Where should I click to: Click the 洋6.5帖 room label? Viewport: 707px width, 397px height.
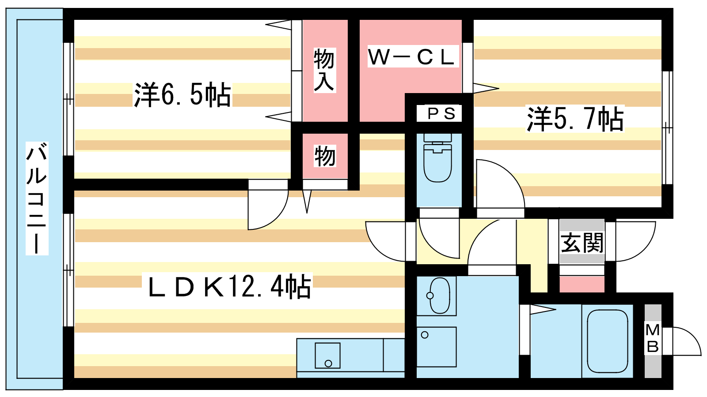click(x=182, y=94)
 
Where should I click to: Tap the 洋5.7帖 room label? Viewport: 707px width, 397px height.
click(x=575, y=119)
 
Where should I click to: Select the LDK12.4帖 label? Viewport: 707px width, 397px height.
click(x=230, y=286)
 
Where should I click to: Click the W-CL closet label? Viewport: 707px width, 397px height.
click(x=413, y=56)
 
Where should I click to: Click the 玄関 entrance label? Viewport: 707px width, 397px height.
click(x=582, y=243)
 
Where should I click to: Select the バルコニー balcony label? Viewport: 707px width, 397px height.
click(x=37, y=198)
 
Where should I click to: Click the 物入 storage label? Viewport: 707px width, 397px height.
click(x=324, y=70)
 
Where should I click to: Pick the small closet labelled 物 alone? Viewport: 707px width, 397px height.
click(x=325, y=156)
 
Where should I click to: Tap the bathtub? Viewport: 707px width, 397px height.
click(x=607, y=341)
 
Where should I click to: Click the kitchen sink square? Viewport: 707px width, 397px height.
click(x=327, y=356)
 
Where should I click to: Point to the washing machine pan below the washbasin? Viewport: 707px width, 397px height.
click(x=436, y=347)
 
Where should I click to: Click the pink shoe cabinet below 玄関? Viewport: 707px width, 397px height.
click(x=582, y=285)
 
